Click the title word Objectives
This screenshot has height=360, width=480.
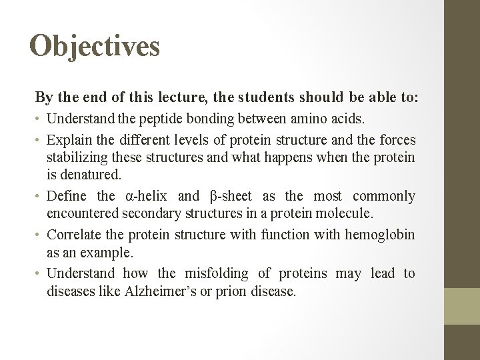tap(95, 47)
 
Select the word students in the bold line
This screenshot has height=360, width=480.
tap(263, 97)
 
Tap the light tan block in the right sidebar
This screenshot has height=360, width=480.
tap(463, 305)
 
